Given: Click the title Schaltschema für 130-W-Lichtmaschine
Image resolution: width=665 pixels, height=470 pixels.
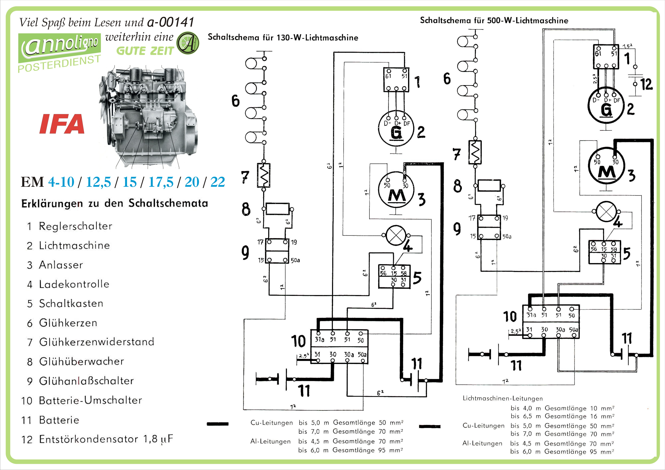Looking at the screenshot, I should click(x=283, y=38).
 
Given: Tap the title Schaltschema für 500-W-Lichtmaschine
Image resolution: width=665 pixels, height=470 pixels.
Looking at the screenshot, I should click(x=494, y=21).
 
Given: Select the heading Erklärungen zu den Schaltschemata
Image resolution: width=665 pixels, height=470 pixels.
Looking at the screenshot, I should click(x=115, y=203).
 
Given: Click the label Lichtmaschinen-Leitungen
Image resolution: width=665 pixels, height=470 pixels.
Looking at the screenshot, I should click(x=503, y=398).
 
